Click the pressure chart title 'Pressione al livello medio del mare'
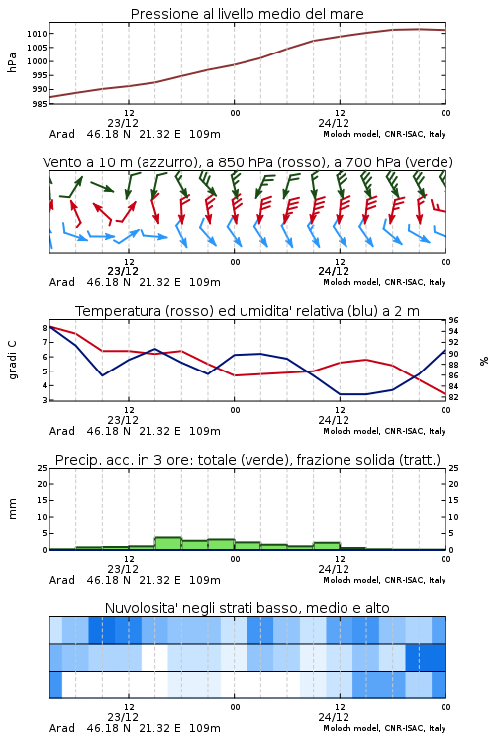(247, 14)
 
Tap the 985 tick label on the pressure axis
(40, 103)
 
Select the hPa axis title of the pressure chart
(12, 62)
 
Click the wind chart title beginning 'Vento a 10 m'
(247, 162)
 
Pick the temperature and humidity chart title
(247, 311)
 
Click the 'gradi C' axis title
(12, 360)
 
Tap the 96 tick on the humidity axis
(453, 320)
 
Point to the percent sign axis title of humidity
(484, 361)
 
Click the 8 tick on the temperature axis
(45, 328)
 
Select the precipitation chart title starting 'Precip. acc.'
(247, 460)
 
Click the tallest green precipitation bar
(168, 543)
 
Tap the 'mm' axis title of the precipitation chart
(12, 509)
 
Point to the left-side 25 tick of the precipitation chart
(43, 468)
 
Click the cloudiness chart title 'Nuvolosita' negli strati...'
(247, 608)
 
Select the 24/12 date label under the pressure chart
(334, 123)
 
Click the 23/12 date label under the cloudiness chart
(123, 717)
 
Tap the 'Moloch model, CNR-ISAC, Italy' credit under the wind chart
(384, 282)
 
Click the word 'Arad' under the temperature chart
(62, 431)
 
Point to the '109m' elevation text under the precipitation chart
(205, 580)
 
